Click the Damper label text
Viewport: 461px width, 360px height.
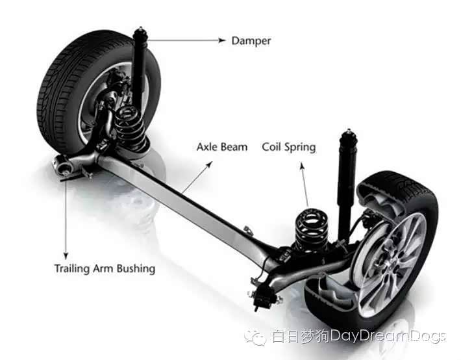tap(251, 41)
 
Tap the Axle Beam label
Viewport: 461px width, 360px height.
tap(221, 147)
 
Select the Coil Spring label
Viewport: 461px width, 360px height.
tap(288, 147)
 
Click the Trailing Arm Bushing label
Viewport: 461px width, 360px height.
tap(105, 268)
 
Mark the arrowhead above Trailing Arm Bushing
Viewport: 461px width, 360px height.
tap(65, 255)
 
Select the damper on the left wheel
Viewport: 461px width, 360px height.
tap(139, 71)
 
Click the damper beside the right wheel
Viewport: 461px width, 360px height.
tap(347, 175)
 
